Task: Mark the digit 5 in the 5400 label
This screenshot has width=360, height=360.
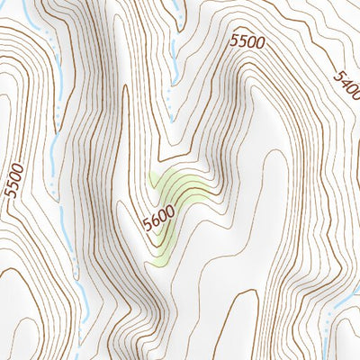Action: (337, 74)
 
